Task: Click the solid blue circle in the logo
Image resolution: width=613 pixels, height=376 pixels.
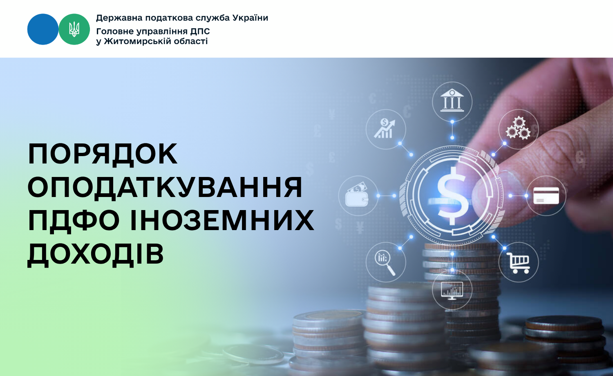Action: (x=43, y=29)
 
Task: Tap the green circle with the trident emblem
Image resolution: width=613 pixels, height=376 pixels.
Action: (x=74, y=29)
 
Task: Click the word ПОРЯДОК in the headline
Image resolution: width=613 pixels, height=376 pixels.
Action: (x=103, y=154)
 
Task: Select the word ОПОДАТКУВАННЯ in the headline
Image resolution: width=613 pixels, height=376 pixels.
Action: (x=165, y=187)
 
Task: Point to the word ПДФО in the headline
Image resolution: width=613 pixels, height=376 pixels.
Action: (x=74, y=221)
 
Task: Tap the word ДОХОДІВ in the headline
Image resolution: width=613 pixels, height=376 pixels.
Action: (x=96, y=254)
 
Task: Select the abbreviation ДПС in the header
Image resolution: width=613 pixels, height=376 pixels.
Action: (x=200, y=31)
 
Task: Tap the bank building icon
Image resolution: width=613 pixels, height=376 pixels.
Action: (x=452, y=100)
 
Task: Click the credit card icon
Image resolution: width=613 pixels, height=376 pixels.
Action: (x=546, y=196)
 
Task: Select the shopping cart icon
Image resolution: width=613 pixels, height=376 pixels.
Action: (x=518, y=263)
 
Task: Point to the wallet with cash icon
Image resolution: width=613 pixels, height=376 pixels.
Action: (x=357, y=195)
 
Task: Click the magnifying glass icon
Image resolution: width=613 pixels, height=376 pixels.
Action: (x=385, y=263)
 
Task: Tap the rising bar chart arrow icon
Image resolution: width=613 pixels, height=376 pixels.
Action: (x=385, y=128)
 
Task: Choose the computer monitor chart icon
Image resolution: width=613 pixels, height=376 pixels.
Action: (x=452, y=290)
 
